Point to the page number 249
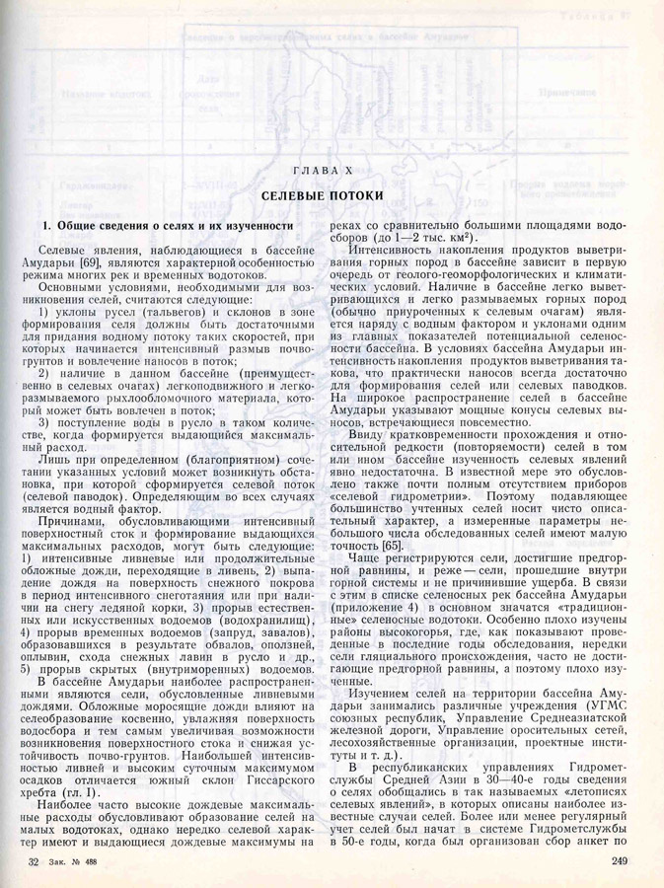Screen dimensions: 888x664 coord(620,862)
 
